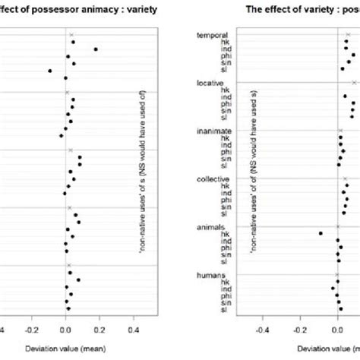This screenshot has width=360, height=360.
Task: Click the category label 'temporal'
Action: [x=212, y=35]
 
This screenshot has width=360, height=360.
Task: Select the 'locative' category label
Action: [x=210, y=82]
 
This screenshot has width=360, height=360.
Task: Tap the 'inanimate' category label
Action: [x=213, y=131]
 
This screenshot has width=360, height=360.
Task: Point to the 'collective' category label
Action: [x=213, y=178]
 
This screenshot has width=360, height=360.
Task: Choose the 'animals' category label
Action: [x=210, y=227]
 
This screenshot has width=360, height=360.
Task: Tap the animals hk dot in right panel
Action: [x=321, y=233]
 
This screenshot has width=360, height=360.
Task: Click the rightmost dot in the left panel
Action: [x=96, y=49]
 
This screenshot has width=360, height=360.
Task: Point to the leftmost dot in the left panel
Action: [x=50, y=71]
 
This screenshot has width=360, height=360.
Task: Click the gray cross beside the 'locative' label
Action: [x=354, y=83]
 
